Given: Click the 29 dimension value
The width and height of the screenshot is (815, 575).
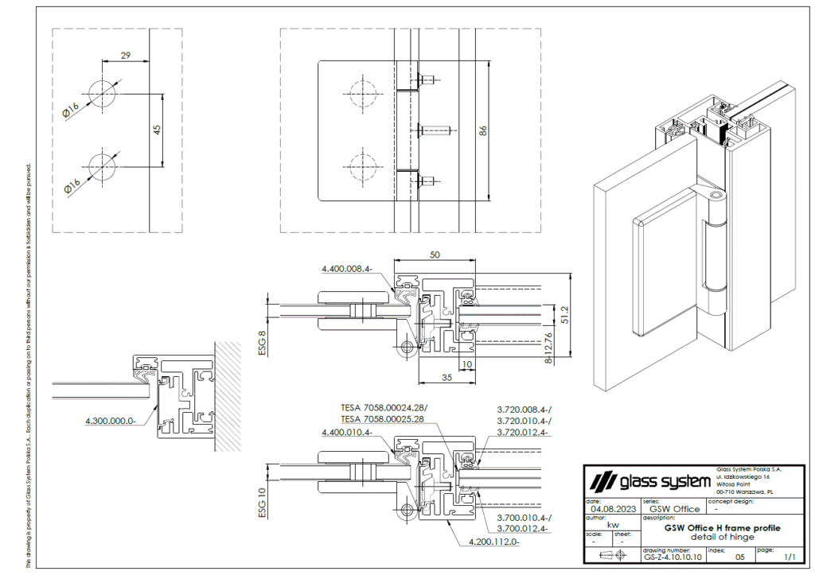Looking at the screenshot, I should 126,55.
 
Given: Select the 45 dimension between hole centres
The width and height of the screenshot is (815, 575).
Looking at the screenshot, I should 158,129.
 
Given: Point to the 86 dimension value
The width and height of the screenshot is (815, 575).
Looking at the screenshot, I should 482,131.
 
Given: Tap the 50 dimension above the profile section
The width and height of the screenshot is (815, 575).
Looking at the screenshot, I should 435,254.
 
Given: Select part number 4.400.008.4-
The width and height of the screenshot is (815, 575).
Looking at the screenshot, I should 347,270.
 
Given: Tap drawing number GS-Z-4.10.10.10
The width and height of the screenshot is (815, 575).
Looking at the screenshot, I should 673,558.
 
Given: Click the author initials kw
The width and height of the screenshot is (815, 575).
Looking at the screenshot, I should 613,525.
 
